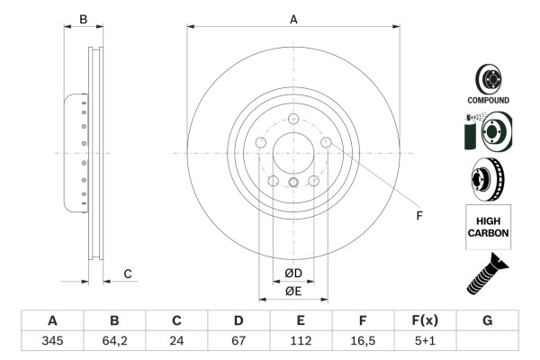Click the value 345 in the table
coord(52,341)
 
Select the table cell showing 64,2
coord(114,341)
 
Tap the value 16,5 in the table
coord(363,341)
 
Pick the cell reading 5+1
coord(425,341)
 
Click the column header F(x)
coord(425,320)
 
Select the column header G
coord(487,320)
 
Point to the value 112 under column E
coord(301,341)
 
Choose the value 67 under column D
coord(238,341)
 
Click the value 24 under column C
coord(176,341)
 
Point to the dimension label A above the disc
coord(293,18)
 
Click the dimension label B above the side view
coord(83,18)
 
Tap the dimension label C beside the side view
coord(128,274)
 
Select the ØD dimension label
coord(293,274)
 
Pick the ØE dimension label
coord(293,291)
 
